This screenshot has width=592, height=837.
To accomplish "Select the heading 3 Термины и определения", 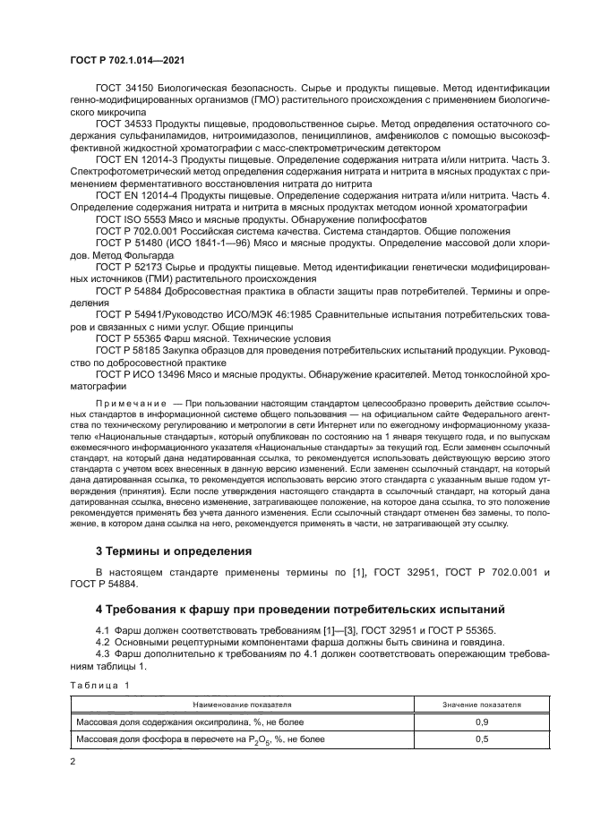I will pos(167,550).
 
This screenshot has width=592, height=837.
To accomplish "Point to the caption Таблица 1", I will pos(99,684).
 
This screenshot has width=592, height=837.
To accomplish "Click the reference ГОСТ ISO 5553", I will pos(132,219).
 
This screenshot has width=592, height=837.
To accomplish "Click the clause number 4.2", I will pos(104,643).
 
